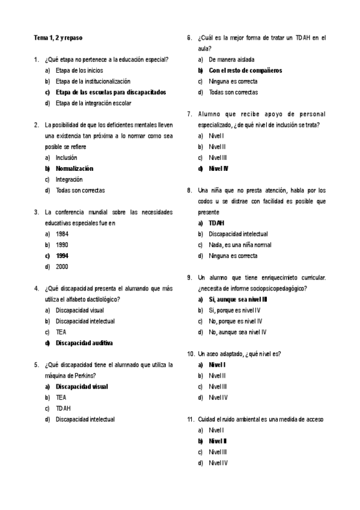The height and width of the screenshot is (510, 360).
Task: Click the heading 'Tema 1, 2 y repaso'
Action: coord(58,38)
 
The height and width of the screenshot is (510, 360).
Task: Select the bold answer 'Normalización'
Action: coord(75,168)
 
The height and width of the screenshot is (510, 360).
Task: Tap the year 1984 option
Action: coord(62,234)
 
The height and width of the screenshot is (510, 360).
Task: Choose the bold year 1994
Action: coord(62,256)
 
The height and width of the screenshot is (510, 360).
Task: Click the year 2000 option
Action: coord(62,266)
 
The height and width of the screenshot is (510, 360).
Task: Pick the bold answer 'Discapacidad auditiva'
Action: coord(84,343)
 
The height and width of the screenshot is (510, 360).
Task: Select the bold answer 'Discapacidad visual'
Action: coord(82,386)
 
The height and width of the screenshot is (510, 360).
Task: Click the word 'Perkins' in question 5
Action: coord(84,375)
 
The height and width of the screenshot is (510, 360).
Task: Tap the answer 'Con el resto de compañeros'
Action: coord(245,70)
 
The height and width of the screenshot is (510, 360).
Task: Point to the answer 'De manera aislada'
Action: coord(231,60)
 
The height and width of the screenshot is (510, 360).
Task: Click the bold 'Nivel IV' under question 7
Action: coord(219,168)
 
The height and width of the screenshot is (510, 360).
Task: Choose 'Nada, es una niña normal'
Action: coord(240,245)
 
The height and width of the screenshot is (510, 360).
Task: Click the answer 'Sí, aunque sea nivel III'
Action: coord(238,299)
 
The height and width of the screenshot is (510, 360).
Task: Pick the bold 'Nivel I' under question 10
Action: coord(217,364)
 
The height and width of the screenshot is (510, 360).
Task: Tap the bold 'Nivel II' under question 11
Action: coord(218,441)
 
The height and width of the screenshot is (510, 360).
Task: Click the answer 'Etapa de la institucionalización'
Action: coord(93,81)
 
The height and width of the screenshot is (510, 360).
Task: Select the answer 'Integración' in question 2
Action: coord(69,179)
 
